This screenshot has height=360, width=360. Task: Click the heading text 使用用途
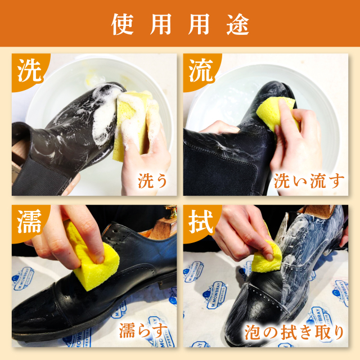(180, 24)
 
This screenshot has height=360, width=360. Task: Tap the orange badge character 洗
(30, 70)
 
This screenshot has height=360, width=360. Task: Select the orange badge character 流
(201, 70)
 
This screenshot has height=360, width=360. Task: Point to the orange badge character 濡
(30, 221)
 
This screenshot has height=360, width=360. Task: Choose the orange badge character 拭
(201, 221)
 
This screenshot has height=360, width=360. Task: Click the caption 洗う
(152, 181)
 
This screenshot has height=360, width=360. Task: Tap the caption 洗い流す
(309, 181)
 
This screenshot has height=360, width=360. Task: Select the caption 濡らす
(143, 331)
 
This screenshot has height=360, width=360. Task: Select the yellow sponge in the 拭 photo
(267, 257)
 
